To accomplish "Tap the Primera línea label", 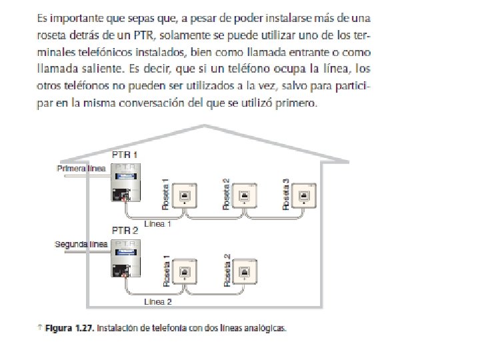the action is pyautogui.click(x=81, y=169).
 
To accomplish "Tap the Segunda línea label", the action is pyautogui.click(x=81, y=245).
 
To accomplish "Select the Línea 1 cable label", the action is pyautogui.click(x=158, y=224).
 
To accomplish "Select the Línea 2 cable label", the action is pyautogui.click(x=158, y=301).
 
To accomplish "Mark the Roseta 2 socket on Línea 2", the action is pyautogui.click(x=244, y=272).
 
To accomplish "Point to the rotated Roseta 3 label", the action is pyautogui.click(x=286, y=194).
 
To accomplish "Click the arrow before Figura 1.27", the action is pyautogui.click(x=40, y=327).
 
